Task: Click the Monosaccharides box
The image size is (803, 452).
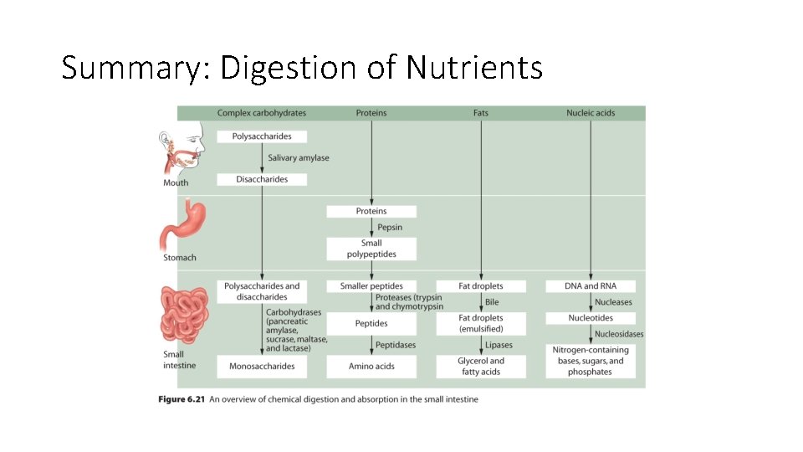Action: pos(262,366)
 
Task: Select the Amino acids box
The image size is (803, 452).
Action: pos(371,366)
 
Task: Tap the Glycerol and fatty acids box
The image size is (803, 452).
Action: pos(481,366)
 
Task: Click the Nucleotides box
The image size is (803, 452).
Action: pos(591,318)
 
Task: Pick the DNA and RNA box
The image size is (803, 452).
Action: pos(591,286)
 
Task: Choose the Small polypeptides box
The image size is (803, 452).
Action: pos(371,249)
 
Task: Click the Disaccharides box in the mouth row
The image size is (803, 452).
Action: pos(262,179)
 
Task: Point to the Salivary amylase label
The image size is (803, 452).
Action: pos(299,157)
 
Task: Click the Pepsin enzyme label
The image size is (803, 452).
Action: pos(390,227)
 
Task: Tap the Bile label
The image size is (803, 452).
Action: pos(492,302)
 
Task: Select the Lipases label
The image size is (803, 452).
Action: pos(499,345)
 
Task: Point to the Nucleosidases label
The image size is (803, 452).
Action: pos(619,334)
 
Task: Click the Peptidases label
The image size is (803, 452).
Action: pos(396,345)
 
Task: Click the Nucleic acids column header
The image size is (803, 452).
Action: pos(591,113)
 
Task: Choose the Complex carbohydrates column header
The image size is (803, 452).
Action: pos(262,113)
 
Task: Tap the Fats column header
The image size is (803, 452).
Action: pos(481,113)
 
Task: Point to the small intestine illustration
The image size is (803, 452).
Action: pos(187,316)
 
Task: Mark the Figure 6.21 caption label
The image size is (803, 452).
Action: pos(181,399)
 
